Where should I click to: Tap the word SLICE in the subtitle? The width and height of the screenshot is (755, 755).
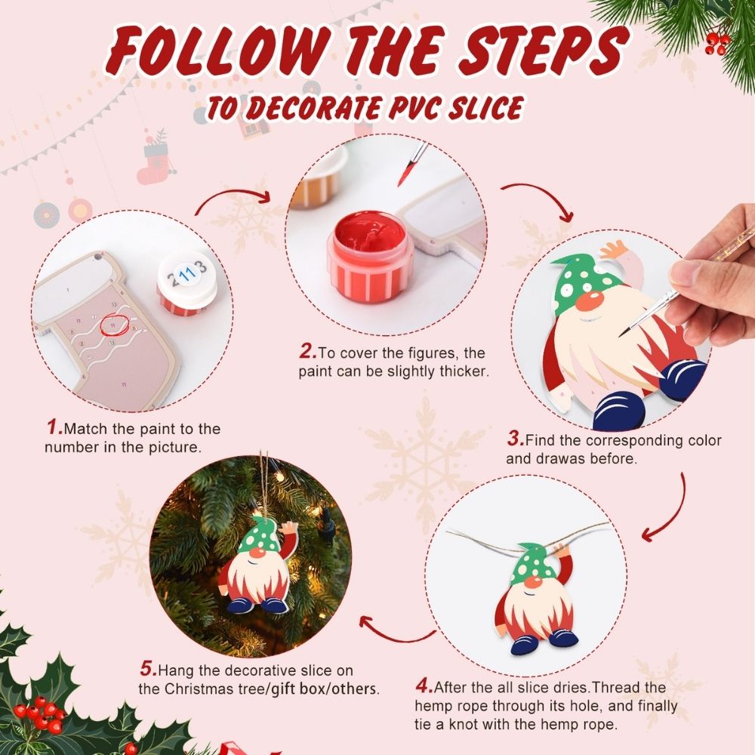(477, 108)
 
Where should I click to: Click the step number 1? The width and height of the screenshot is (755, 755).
(54, 428)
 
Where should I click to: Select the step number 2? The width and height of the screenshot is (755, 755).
(307, 351)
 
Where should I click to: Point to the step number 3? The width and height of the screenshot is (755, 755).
(515, 439)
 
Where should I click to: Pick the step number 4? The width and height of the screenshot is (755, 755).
(424, 688)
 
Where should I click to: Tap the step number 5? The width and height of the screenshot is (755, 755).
(147, 669)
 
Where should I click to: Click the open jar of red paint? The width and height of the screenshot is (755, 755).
(370, 245)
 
